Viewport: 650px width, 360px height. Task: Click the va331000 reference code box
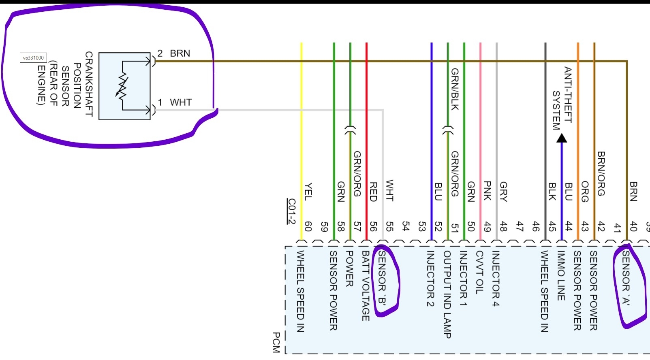tap(33, 58)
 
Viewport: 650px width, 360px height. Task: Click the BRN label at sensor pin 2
tap(180, 53)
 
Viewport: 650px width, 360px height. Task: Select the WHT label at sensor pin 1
tap(181, 102)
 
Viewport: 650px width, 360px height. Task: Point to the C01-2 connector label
tap(291, 211)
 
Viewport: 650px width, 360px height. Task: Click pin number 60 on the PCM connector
tap(308, 226)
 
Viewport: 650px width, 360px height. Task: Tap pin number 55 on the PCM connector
tap(389, 226)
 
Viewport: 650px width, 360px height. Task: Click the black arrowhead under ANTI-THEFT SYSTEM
tap(562, 138)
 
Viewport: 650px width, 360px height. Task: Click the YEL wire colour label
tap(308, 192)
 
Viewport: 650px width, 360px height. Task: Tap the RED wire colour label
tap(373, 192)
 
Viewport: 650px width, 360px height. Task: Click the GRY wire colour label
tap(504, 191)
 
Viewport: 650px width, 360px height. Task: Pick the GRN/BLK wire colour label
tap(455, 89)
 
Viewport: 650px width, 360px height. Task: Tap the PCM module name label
tap(276, 342)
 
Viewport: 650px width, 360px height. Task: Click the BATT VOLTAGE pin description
tap(366, 285)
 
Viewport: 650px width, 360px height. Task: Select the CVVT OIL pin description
tap(479, 272)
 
